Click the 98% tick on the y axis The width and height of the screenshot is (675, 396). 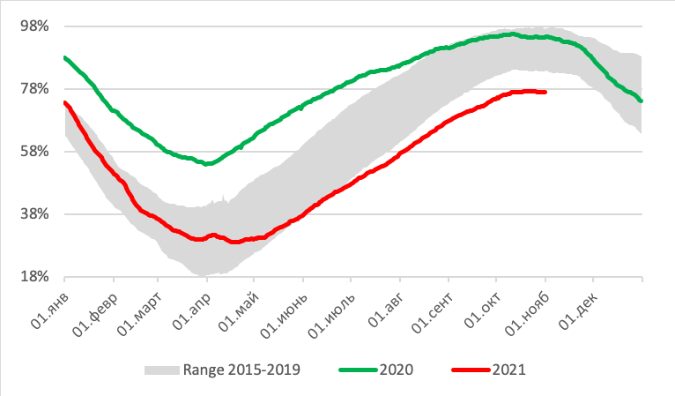pos(34,26)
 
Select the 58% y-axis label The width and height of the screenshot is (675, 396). pos(34,152)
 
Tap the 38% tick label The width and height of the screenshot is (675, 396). pos(34,214)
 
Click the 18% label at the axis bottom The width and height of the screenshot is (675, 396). pos(34,277)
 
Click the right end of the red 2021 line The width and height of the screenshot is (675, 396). pos(545,92)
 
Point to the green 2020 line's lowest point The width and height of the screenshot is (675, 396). pos(206,164)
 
